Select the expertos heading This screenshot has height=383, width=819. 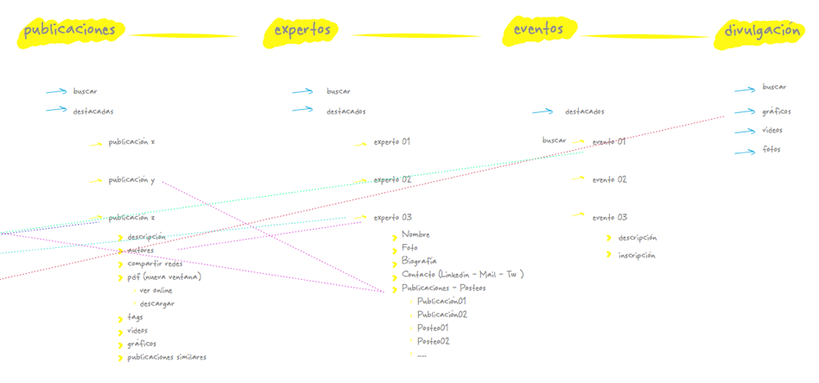(x=304, y=30)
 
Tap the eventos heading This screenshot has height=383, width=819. (x=539, y=29)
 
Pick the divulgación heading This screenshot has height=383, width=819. (x=764, y=31)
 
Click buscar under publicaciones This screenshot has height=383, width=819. (x=86, y=91)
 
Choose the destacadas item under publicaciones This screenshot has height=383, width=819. (x=92, y=111)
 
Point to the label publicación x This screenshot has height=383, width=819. (x=131, y=142)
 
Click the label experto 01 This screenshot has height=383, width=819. (x=392, y=142)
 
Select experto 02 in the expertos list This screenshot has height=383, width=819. (x=392, y=179)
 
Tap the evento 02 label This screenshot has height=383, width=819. (x=609, y=179)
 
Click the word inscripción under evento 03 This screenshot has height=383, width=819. (x=637, y=256)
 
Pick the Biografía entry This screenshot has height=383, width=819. (x=419, y=261)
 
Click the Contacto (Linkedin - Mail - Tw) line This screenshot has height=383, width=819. (x=462, y=274)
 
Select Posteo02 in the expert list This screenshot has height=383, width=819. (x=433, y=341)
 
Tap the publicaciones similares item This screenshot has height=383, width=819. (x=166, y=357)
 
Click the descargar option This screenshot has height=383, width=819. (x=157, y=303)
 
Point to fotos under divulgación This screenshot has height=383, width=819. (x=771, y=149)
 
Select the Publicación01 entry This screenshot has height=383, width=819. (x=441, y=301)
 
